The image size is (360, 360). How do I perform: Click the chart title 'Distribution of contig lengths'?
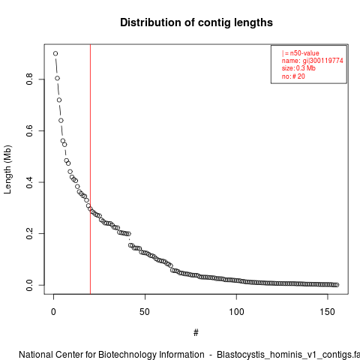pyautogui.click(x=196, y=22)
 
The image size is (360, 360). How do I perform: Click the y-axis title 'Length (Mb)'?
pyautogui.click(x=7, y=169)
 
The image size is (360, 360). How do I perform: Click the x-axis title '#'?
pyautogui.click(x=196, y=333)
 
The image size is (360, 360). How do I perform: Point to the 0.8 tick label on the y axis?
pyautogui.click(x=29, y=79)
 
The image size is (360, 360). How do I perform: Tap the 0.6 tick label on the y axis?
pyautogui.click(x=29, y=130)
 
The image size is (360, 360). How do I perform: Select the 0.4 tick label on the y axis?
pyautogui.click(x=29, y=182)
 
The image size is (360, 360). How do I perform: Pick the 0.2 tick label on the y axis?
pyautogui.click(x=29, y=233)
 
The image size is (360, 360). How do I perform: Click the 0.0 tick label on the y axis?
pyautogui.click(x=29, y=285)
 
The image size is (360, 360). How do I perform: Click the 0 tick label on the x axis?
pyautogui.click(x=53, y=312)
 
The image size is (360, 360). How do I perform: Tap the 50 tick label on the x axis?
pyautogui.click(x=145, y=312)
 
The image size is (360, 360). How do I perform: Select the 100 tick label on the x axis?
pyautogui.click(x=236, y=312)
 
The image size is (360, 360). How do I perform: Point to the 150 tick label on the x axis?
pyautogui.click(x=328, y=312)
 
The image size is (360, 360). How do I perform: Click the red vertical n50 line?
pyautogui.click(x=90, y=169)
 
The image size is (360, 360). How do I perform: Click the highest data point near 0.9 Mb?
pyautogui.click(x=55, y=53)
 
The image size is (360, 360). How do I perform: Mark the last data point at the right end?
pyautogui.click(x=337, y=285)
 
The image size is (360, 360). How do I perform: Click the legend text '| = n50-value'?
pyautogui.click(x=301, y=53)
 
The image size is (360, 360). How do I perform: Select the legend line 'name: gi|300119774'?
pyautogui.click(x=313, y=61)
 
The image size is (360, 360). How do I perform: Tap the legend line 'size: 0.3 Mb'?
pyautogui.click(x=298, y=68)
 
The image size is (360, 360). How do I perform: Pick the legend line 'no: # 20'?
pyautogui.click(x=293, y=76)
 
